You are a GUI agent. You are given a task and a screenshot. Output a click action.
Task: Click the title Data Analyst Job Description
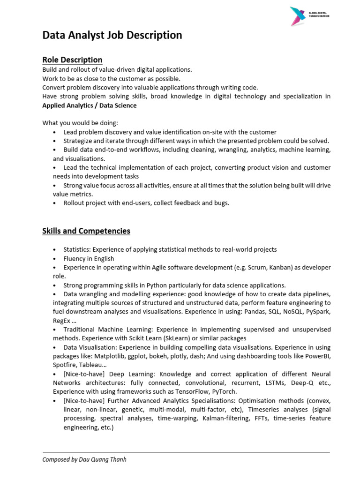coord(112,35)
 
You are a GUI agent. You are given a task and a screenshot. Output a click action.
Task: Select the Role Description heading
coord(72,60)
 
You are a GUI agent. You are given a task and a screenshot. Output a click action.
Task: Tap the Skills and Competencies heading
coord(86,231)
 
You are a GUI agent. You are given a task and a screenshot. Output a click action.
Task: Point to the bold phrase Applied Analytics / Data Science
coord(90,105)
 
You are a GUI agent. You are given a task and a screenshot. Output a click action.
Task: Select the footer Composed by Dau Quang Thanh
coord(84,460)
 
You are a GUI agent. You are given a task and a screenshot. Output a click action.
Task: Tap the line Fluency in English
coord(89,259)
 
